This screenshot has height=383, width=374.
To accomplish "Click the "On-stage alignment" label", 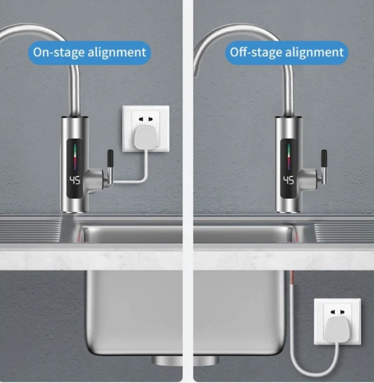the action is pyautogui.click(x=90, y=53).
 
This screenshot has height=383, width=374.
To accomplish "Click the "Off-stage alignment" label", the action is pyautogui.click(x=286, y=53).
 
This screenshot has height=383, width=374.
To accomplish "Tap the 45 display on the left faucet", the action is pyautogui.click(x=75, y=180).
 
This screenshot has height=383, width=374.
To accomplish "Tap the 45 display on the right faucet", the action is pyautogui.click(x=289, y=180).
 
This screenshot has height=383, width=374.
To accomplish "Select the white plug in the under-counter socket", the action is pyautogui.click(x=338, y=330).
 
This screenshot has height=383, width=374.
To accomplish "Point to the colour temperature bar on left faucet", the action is pyautogui.click(x=75, y=157).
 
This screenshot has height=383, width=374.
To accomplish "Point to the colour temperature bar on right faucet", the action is pyautogui.click(x=289, y=157).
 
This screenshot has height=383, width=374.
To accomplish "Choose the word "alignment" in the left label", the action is pyautogui.click(x=117, y=53).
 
